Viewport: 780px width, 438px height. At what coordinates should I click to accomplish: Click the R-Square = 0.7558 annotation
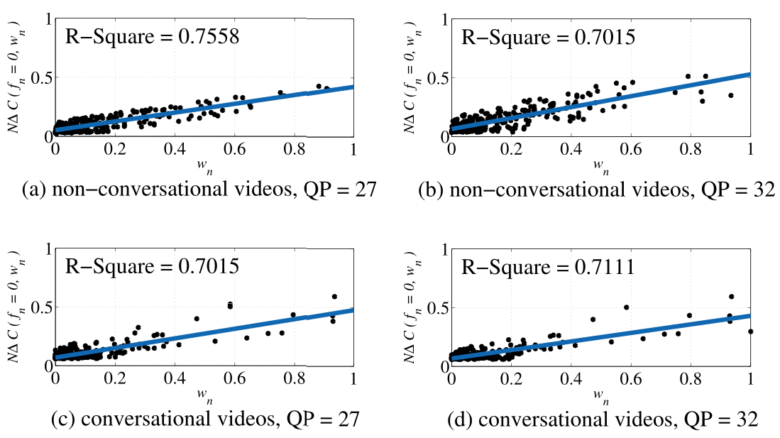(x=152, y=36)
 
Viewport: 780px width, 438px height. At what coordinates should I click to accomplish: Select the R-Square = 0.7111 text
(x=547, y=268)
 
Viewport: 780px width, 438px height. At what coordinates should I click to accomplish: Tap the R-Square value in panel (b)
(x=547, y=36)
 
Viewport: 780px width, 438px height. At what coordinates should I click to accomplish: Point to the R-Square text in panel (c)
(x=152, y=268)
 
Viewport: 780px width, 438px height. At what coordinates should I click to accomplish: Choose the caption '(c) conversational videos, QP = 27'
(x=206, y=420)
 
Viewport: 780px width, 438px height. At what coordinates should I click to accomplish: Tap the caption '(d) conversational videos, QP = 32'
(x=603, y=420)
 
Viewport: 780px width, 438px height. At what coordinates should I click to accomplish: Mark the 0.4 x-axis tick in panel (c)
(x=175, y=380)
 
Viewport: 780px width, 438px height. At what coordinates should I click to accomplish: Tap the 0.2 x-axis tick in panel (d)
(x=511, y=380)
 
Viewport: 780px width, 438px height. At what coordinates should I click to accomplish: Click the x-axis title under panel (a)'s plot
(x=204, y=166)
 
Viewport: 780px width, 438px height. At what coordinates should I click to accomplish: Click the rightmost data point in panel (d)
(x=750, y=332)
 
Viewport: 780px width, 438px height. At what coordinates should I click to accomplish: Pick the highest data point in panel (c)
(x=334, y=296)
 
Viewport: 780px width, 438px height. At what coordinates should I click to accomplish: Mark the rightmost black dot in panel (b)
(x=730, y=95)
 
